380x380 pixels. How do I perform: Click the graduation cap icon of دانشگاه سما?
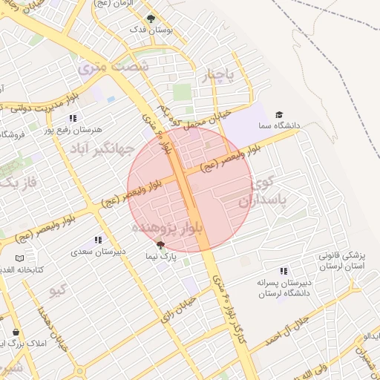tap(279, 114)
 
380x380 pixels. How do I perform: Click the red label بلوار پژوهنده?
tap(168, 227)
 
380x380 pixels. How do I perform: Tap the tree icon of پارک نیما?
tap(161, 244)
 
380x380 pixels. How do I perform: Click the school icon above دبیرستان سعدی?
tap(96, 240)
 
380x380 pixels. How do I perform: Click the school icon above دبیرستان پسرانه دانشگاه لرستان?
tap(282, 272)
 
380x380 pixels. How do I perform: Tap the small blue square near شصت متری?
tap(111, 99)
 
